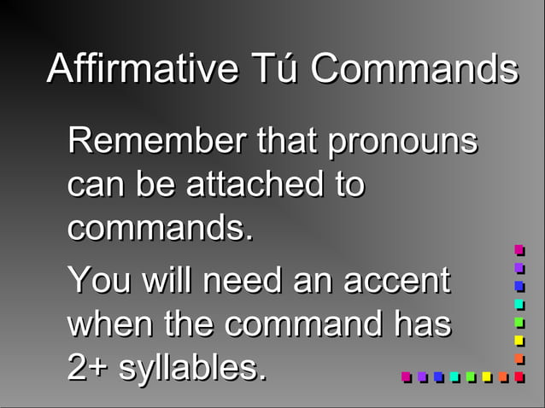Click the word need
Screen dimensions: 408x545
pyautogui.click(x=240, y=281)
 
